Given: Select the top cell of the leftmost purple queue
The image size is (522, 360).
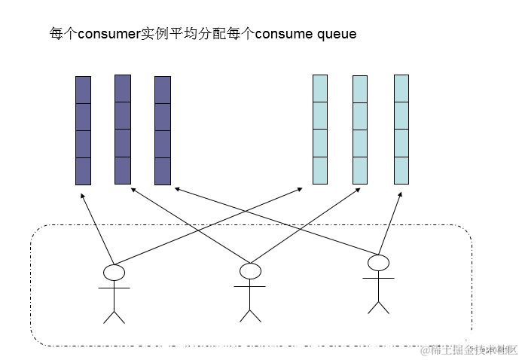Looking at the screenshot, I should [83, 90].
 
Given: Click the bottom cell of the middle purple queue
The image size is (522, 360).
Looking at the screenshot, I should [123, 171].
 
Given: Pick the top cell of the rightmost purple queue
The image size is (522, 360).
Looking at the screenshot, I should [163, 90].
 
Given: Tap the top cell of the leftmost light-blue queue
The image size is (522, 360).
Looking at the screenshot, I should [320, 88].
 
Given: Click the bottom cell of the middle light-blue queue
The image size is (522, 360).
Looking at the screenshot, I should [360, 170].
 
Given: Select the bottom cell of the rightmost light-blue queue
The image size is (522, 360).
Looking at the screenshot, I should [401, 170].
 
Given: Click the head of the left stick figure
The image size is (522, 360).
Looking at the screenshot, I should [114, 272].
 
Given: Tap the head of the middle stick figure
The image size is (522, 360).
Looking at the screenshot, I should [249, 270].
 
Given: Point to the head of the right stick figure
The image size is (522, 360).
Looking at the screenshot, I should [378, 262].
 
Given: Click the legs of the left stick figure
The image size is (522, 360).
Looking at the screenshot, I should [114, 315].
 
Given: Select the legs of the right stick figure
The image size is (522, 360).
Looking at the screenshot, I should [378, 305].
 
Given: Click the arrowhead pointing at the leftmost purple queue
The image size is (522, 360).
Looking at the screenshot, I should [82, 195].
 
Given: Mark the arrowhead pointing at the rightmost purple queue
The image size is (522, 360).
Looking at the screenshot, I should [174, 188].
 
